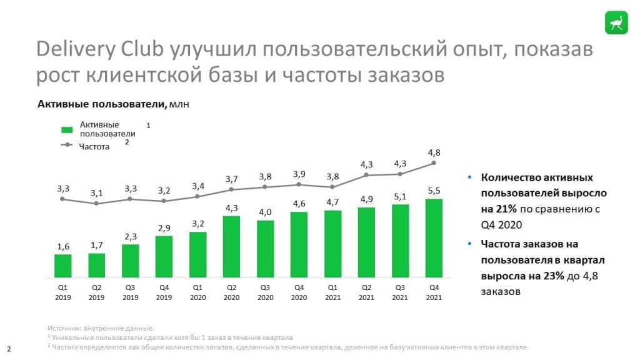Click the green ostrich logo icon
tap(616, 22)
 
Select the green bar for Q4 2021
tap(434, 238)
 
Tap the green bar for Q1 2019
tap(62, 266)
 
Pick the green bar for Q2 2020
tap(231, 247)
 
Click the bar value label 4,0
tap(265, 212)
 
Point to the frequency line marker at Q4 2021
tap(434, 164)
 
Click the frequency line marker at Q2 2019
tap(96, 203)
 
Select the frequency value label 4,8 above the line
tap(434, 152)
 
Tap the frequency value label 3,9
tap(299, 174)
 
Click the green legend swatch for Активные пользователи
tap(67, 130)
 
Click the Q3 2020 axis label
tap(265, 292)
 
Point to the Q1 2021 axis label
tap(332, 292)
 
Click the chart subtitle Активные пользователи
tap(102, 104)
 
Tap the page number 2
tap(9, 348)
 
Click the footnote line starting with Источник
tap(100, 327)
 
